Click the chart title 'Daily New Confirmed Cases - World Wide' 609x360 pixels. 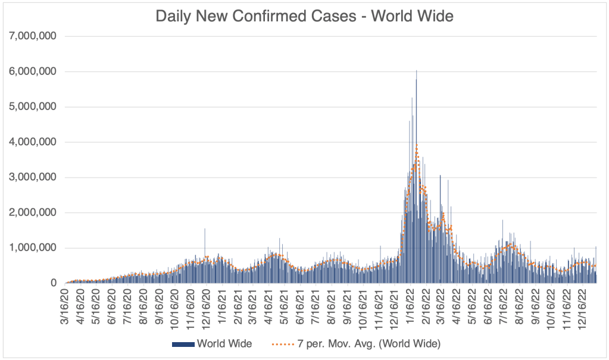click(304, 16)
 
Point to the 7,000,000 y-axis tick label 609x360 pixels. click(33, 36)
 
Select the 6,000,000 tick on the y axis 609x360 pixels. click(33, 71)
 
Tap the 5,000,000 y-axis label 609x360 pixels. click(33, 107)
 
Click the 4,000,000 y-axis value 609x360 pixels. click(33, 142)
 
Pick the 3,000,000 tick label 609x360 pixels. click(33, 177)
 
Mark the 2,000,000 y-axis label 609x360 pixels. click(33, 212)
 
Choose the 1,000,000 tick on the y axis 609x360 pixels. click(33, 248)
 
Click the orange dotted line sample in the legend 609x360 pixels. click(283, 344)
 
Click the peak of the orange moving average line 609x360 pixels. click(417, 143)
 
